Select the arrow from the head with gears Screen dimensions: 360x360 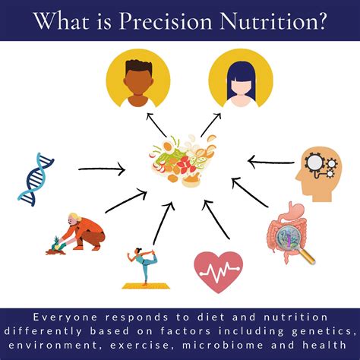(x=270, y=160)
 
